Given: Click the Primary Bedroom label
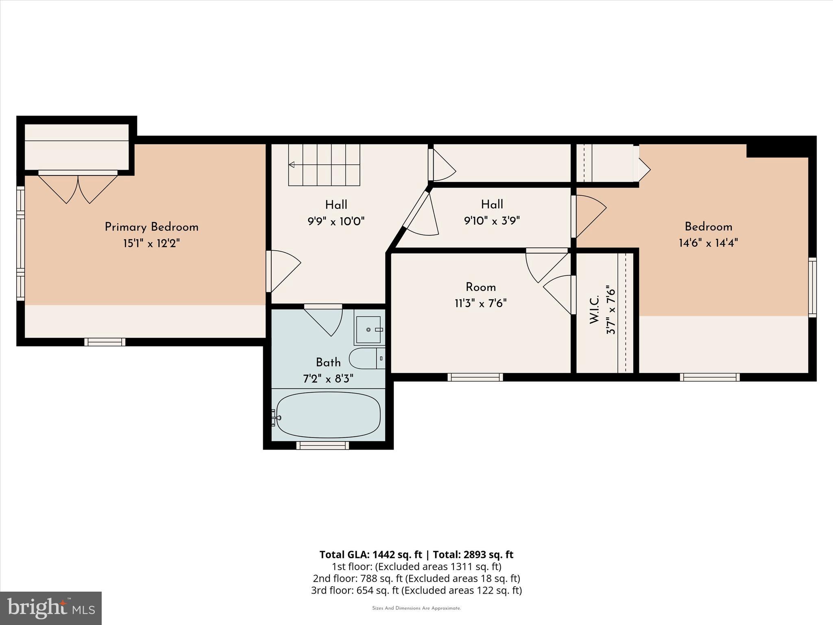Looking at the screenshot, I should click(151, 227).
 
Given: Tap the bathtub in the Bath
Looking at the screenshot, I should click(328, 415).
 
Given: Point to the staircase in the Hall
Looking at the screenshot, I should click(324, 165).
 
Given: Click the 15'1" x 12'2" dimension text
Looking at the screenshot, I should click(151, 244).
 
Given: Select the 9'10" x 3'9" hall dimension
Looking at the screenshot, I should click(492, 221).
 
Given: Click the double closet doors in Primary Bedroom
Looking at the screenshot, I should click(78, 188).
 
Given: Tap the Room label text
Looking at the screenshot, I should click(480, 287).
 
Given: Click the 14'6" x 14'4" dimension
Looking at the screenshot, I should click(708, 243).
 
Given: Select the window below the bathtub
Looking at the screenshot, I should click(323, 445).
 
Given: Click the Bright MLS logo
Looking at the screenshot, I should click(51, 608).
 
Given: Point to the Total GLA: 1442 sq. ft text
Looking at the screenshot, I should click(371, 555).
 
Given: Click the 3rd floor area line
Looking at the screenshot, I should click(416, 590).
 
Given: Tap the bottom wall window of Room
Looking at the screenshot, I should click(475, 377).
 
